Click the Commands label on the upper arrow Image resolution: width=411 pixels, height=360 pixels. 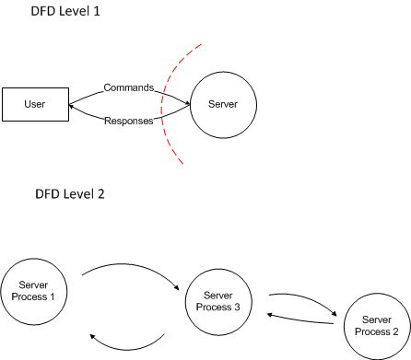coord(128,88)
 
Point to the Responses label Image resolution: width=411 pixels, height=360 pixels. coord(128,122)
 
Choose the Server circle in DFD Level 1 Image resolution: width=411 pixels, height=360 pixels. coord(225,104)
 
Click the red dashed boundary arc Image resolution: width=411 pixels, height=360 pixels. coord(163,101)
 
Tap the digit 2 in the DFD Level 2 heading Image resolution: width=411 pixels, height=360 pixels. coord(98,197)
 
